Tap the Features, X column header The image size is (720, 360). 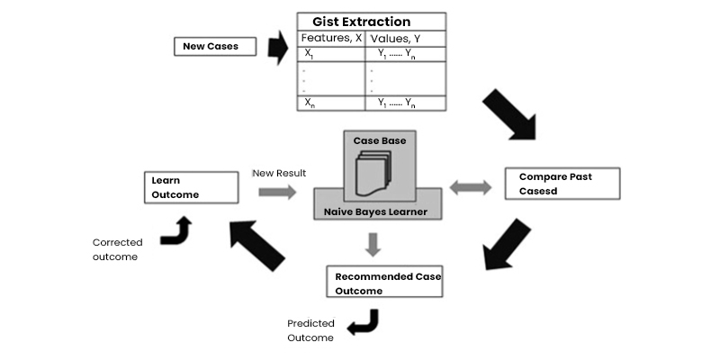click(331, 39)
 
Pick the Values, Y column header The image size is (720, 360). click(395, 39)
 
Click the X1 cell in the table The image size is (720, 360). click(310, 54)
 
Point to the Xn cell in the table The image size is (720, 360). click(310, 103)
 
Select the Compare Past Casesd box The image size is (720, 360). click(562, 183)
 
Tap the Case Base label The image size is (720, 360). click(379, 142)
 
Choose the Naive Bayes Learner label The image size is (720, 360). click(377, 213)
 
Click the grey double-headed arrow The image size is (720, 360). click(471, 188)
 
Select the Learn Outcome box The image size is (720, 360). click(192, 188)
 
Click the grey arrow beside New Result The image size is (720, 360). click(276, 192)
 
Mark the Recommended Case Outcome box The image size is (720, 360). click(383, 283)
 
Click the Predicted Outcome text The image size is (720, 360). click(310, 330)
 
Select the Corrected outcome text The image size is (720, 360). click(118, 249)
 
